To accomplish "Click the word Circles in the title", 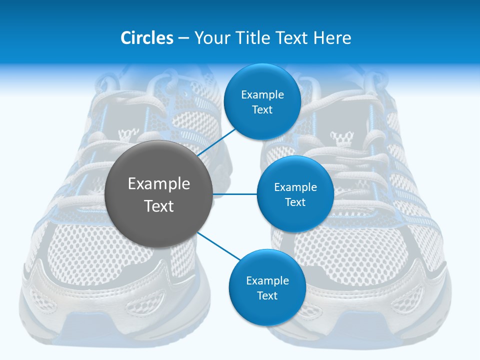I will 147,38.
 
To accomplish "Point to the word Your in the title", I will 212,38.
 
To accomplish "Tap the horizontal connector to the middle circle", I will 235,194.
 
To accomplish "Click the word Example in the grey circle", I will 159,184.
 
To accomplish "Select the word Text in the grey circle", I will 159,206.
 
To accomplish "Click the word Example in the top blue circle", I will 262,95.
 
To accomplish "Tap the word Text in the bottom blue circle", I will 267,296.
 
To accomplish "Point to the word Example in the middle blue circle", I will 295,187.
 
